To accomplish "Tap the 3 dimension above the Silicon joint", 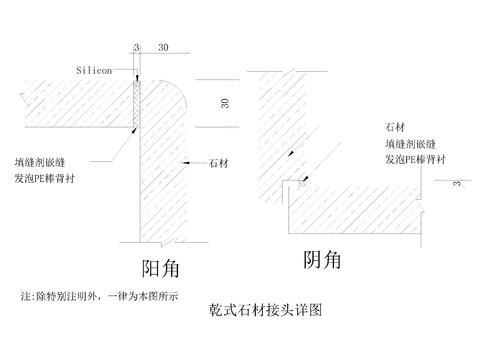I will point(136,47).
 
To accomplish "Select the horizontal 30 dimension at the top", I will point(163,47).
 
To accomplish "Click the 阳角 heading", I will point(166,267).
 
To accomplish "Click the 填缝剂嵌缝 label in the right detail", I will point(407,145).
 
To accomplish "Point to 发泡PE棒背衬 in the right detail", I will point(413,161).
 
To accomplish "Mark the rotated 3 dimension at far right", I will point(458,183).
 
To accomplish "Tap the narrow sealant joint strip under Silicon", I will point(136,101).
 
